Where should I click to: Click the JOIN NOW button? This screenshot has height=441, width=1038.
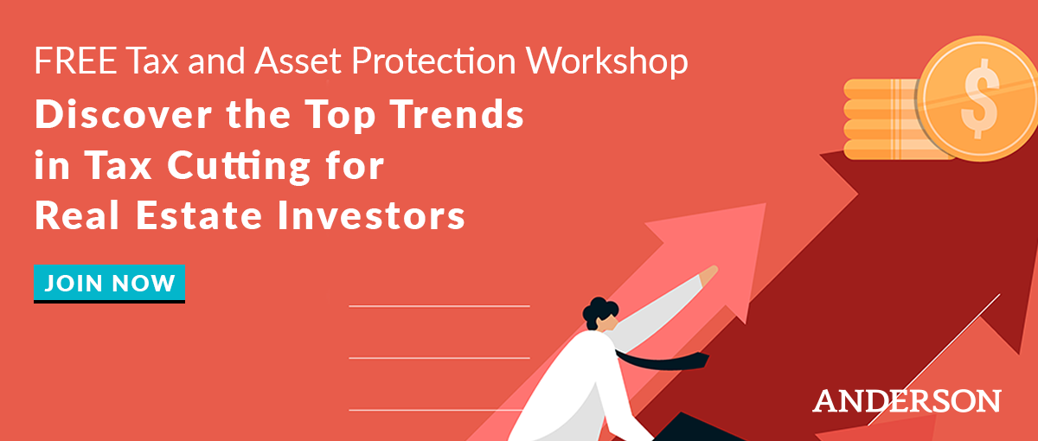click(x=109, y=284)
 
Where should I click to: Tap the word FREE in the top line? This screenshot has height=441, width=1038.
click(x=75, y=61)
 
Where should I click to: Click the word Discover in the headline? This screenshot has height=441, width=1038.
click(x=123, y=114)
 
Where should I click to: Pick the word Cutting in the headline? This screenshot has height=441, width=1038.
click(x=238, y=167)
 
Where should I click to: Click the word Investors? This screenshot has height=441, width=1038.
click(x=371, y=216)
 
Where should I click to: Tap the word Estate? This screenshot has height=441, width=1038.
click(x=199, y=216)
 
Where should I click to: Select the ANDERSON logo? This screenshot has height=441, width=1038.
click(x=907, y=400)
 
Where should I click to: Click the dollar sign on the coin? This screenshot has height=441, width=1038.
click(x=980, y=99)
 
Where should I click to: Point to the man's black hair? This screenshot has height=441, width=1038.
click(x=599, y=311)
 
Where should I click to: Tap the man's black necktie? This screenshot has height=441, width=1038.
click(x=663, y=361)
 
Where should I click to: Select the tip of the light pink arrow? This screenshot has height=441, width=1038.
click(x=766, y=204)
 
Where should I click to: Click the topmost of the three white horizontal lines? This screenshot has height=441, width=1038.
click(x=439, y=306)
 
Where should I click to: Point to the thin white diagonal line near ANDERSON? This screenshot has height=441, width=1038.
click(x=933, y=360)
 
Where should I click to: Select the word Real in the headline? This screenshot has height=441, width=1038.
click(x=77, y=216)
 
